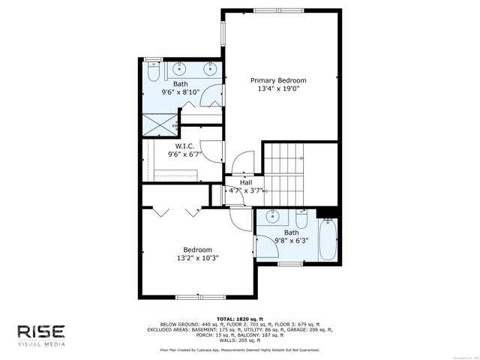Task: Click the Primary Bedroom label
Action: click(x=278, y=80)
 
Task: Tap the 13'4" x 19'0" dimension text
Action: click(x=278, y=89)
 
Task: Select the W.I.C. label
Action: click(x=185, y=145)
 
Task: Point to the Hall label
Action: click(x=246, y=182)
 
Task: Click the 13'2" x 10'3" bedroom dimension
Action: click(x=198, y=259)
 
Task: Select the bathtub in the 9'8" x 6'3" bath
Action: click(x=328, y=240)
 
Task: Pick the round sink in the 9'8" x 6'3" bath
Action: click(x=273, y=218)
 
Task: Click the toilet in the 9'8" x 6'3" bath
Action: click(x=301, y=219)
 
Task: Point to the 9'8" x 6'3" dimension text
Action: click(x=291, y=241)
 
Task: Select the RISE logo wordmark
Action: click(x=42, y=331)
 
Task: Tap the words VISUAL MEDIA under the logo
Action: click(x=42, y=344)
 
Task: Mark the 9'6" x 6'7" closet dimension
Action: click(x=185, y=154)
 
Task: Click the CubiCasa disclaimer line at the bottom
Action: click(x=239, y=349)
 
